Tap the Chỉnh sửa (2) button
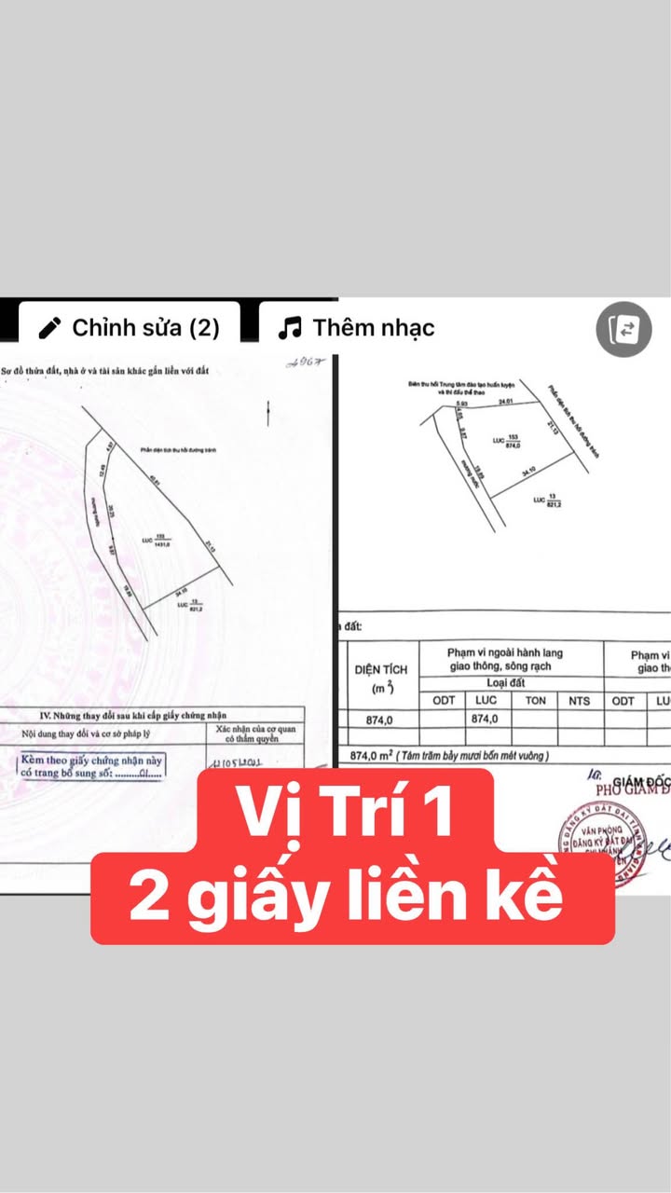129,328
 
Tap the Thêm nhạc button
356,328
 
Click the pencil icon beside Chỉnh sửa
51,328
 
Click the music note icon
291,328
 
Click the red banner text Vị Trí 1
344,812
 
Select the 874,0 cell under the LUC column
486,719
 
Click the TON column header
535,701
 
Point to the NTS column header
579,701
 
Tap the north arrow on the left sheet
268,411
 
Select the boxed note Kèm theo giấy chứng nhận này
91,766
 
